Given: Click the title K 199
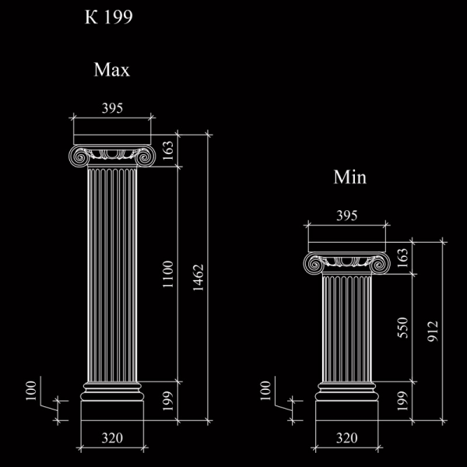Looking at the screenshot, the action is pos(109,17).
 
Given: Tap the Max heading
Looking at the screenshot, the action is pos(112,70).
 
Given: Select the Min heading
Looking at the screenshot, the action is pos(350,177).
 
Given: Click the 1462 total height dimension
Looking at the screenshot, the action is pos(198,278).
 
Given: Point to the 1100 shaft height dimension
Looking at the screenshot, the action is pos(168,274).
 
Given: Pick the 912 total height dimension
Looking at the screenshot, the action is pos(433,332).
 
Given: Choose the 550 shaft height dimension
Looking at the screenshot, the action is pos(402,328).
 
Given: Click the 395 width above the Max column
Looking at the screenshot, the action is pos(112,108).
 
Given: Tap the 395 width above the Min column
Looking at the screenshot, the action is pos(347,216).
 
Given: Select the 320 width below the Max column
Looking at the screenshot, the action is pos(112,438).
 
